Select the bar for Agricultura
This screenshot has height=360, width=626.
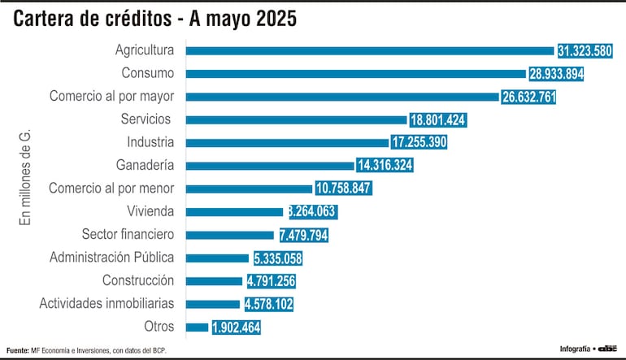coord(370,50)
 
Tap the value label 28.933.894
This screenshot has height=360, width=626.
coord(556,74)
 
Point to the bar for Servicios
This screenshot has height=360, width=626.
coord(296,119)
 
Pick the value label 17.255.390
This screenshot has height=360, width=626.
coord(419,142)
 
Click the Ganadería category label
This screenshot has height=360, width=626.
coord(144,165)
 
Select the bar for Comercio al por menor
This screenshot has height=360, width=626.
coord(249,189)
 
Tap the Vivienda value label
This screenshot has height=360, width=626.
coord(311,212)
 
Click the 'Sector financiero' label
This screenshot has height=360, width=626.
coord(128,235)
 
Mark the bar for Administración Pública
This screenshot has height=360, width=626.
coord(217,258)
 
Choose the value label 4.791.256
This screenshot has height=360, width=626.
coord(271,281)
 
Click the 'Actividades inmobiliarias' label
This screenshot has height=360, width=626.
coord(107,304)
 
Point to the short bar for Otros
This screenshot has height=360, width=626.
coord(197,327)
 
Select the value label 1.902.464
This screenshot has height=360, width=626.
coord(237,327)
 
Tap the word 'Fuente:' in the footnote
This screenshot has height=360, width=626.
coord(17,350)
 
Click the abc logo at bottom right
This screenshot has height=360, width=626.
coord(608,349)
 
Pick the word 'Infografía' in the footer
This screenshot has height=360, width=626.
coord(575,349)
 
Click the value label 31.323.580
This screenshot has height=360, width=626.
coord(585,50)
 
